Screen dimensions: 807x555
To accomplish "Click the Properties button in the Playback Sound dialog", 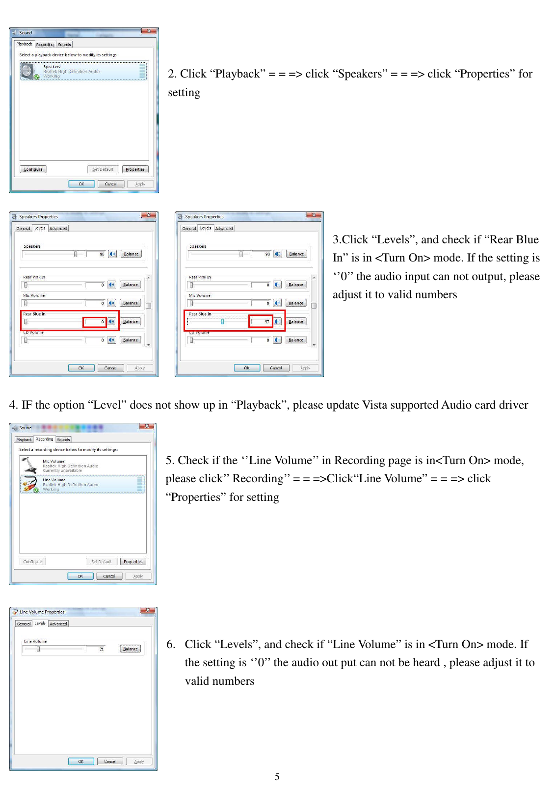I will [135, 169].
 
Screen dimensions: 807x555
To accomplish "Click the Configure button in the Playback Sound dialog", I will [33, 169].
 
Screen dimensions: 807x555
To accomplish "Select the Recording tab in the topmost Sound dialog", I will [45, 45].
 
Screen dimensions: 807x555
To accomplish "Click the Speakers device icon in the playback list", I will [27, 72].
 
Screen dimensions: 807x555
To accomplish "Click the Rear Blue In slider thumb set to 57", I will [222, 322].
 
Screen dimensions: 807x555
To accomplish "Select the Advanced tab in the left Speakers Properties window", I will [58, 229].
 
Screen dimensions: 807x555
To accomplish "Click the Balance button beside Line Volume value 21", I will [131, 649].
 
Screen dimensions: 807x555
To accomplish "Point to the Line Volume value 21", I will [102, 649].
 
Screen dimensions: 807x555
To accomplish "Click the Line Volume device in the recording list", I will [54, 484].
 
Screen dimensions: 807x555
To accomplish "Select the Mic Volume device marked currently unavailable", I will [54, 466].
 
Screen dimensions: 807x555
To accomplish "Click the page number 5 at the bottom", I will [277, 777].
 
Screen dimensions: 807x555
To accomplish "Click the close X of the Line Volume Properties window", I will [148, 611].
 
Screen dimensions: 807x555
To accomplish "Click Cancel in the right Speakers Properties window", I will [276, 368].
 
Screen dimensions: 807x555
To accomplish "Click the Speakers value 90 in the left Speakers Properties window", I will [102, 254].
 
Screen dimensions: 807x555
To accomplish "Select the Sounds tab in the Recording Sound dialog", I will [63, 440].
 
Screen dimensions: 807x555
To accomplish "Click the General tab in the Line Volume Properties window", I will [24, 624].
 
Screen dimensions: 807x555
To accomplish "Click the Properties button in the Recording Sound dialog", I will [133, 562].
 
